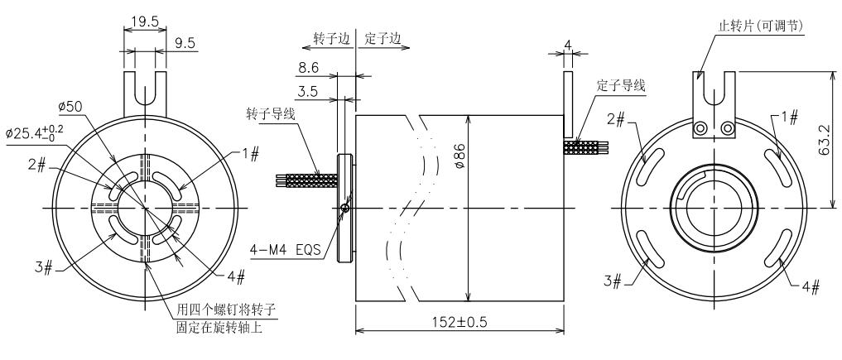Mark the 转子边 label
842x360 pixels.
333,38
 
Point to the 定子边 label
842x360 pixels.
383,38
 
